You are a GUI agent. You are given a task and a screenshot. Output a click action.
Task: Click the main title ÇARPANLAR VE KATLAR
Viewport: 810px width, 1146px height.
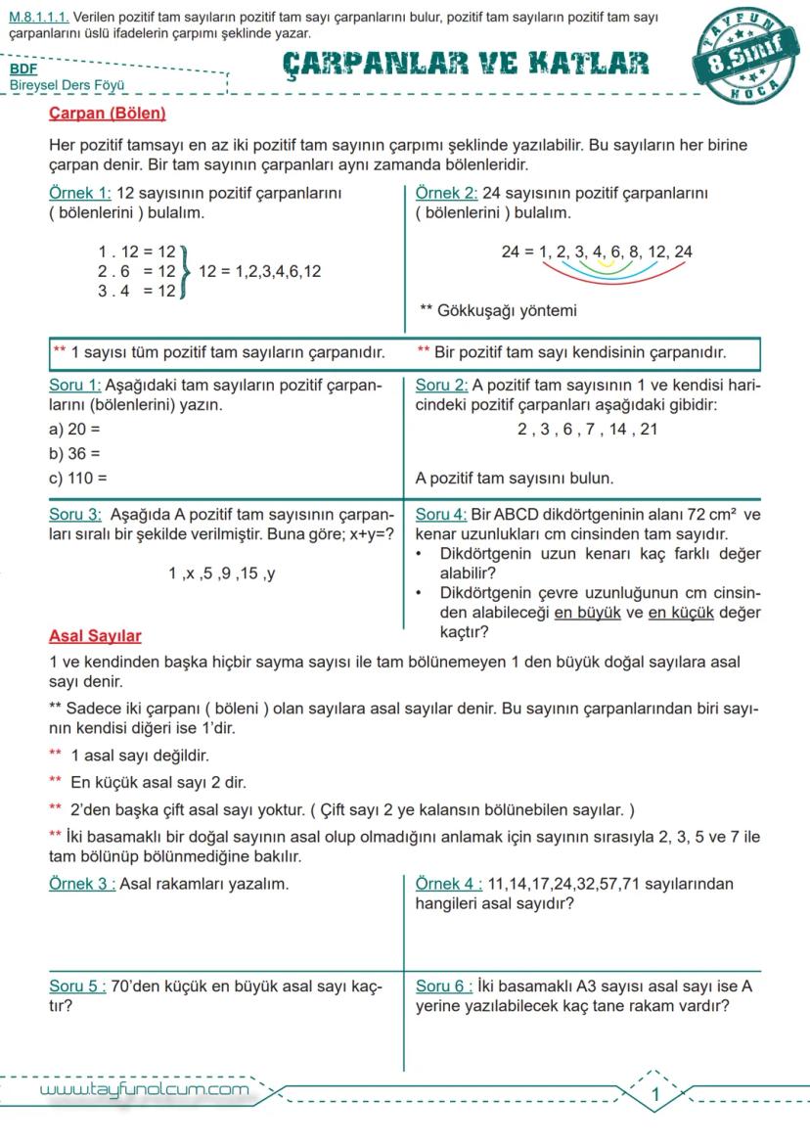coord(466,64)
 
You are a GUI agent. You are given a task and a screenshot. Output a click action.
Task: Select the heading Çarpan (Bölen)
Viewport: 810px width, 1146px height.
coord(108,114)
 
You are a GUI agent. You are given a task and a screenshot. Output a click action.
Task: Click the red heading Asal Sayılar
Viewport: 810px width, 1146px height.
coord(95,636)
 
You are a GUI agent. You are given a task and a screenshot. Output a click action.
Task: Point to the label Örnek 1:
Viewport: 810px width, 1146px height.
coord(80,194)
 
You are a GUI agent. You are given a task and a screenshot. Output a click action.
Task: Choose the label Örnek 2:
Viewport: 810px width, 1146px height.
coord(446,194)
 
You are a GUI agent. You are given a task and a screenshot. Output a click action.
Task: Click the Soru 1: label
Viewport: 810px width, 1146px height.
coord(74,386)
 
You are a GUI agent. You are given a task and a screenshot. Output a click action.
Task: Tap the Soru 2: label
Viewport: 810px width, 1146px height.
coord(441,386)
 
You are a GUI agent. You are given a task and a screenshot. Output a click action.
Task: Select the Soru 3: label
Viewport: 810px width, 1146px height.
coord(75,515)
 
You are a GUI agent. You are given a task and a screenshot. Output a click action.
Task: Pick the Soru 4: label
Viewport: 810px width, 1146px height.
coord(441,515)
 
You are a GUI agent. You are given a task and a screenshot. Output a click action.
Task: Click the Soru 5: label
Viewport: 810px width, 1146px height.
coord(77,986)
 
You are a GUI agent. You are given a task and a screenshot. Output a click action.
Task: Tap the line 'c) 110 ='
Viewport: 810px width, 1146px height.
coord(78,479)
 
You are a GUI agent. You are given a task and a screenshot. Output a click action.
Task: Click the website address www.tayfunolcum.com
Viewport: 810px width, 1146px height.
coord(144,1090)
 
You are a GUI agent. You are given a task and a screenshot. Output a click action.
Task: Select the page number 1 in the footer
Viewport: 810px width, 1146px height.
coord(655,1094)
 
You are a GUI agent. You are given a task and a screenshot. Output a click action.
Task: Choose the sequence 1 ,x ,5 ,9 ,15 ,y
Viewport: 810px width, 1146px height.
coord(222,573)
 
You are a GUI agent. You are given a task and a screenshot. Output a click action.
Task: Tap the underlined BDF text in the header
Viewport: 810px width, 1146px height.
coord(23,69)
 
